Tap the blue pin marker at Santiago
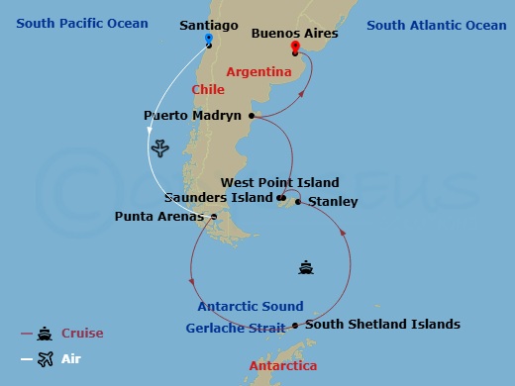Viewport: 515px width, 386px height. (x=208, y=40)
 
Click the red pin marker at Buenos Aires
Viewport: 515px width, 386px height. (x=294, y=48)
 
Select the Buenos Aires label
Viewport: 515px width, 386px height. (x=294, y=33)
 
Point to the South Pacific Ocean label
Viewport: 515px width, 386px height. (x=81, y=23)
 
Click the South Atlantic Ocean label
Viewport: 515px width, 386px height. (x=436, y=25)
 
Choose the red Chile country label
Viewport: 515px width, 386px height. (x=208, y=89)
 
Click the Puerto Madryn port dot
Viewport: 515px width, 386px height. (x=252, y=116)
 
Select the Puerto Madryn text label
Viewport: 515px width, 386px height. (x=192, y=116)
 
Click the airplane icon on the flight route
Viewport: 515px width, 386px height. (x=161, y=148)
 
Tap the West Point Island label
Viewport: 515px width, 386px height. (x=279, y=182)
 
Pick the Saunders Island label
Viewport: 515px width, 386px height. (x=218, y=198)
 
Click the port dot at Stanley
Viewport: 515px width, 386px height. (x=298, y=202)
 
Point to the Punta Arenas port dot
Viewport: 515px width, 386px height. (x=214, y=216)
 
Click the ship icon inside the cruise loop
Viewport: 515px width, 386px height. (x=307, y=267)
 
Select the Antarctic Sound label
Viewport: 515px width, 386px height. (x=251, y=307)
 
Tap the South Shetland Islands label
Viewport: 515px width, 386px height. (x=382, y=324)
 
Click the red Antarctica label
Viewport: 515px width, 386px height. (x=283, y=366)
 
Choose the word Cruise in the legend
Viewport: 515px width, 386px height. (x=82, y=334)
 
